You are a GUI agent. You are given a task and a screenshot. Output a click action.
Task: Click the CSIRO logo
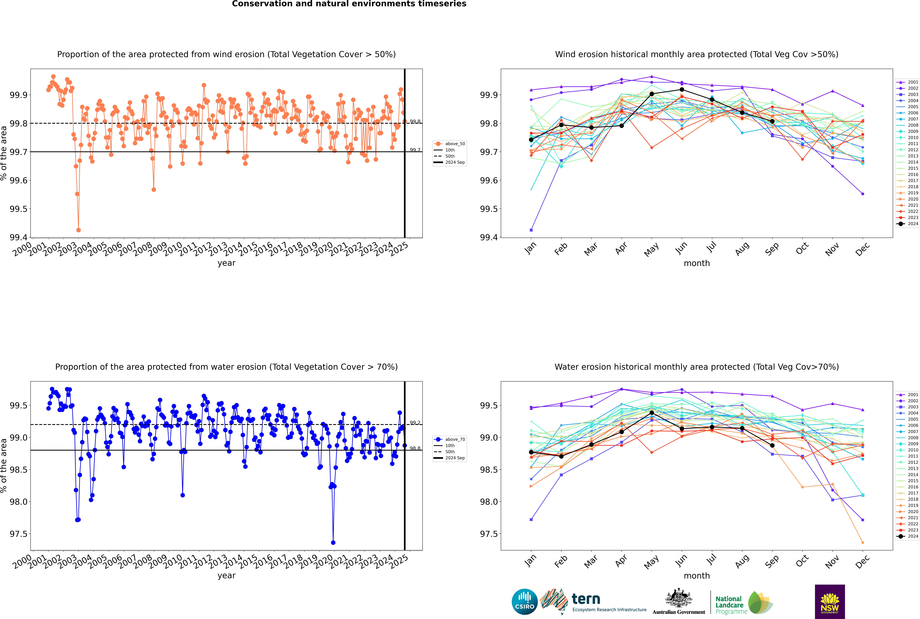[x=524, y=602]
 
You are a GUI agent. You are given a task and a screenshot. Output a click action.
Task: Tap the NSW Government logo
[x=830, y=602]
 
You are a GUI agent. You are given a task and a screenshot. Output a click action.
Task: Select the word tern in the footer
[x=586, y=599]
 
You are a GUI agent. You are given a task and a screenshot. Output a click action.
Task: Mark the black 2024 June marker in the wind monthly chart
[x=682, y=90]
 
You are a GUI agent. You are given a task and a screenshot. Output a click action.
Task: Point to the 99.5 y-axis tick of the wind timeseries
[x=18, y=209]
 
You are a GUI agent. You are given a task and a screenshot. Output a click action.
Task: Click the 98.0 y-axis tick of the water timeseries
[x=18, y=502]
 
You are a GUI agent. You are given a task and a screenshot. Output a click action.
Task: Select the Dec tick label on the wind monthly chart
[x=862, y=250]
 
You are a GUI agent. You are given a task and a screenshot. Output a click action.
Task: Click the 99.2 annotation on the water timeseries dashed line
[x=415, y=423]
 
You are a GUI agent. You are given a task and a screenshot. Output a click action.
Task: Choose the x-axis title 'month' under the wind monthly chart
[x=697, y=263]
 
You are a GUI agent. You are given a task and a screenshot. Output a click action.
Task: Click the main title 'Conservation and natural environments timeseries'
[x=349, y=4]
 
